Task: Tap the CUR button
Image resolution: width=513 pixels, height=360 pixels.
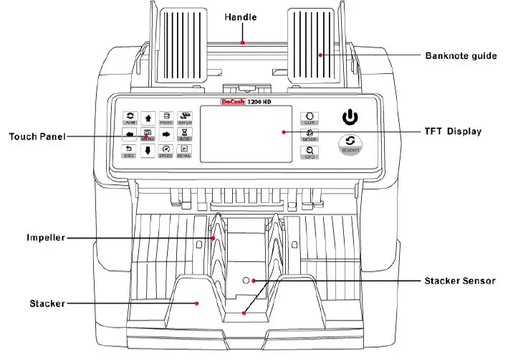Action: pyautogui.click(x=311, y=118)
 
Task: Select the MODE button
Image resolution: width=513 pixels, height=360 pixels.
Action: pyautogui.click(x=311, y=135)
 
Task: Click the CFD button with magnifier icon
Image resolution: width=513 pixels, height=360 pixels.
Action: pyautogui.click(x=311, y=151)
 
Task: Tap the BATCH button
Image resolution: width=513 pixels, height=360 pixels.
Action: pyautogui.click(x=185, y=118)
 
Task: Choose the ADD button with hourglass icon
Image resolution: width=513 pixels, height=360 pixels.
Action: pyautogui.click(x=185, y=135)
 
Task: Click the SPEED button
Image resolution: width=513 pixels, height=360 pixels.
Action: pyautogui.click(x=166, y=151)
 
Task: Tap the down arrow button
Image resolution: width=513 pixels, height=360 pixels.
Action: pyautogui.click(x=148, y=151)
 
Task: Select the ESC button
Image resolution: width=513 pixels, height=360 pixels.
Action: pyautogui.click(x=130, y=151)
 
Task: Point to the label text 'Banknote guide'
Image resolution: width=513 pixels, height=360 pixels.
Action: pyautogui.click(x=461, y=55)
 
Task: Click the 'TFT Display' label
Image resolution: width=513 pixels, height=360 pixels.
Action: pyautogui.click(x=454, y=132)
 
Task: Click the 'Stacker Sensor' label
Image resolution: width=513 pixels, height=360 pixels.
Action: pyautogui.click(x=459, y=280)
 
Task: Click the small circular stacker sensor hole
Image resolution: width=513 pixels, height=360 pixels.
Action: pyautogui.click(x=246, y=280)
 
